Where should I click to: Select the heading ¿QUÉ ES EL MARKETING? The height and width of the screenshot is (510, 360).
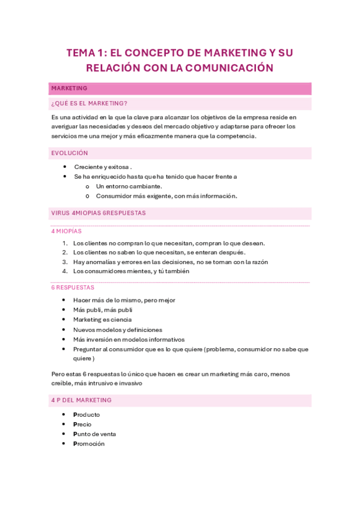coord(89,103)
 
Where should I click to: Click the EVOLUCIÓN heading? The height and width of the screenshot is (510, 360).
coord(70,153)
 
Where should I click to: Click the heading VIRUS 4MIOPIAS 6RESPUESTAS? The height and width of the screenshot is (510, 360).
coord(99,213)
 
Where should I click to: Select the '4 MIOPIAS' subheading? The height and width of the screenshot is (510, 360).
coord(66,231)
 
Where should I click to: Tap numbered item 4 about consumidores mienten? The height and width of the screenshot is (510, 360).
coord(131,271)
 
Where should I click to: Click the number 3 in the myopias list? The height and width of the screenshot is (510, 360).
coord(64,262)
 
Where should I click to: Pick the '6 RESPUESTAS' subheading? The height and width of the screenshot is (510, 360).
coord(73,287)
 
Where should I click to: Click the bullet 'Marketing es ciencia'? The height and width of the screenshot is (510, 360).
coord(102,320)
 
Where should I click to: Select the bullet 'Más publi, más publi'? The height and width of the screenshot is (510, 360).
coord(102,310)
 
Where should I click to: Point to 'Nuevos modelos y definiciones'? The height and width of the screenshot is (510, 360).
coord(117,330)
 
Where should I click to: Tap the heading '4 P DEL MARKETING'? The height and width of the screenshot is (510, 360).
coord(81,400)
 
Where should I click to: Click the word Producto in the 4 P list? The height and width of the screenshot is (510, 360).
coord(87,414)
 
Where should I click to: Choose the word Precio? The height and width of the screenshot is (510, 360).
coord(82,424)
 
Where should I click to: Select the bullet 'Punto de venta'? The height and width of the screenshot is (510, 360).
coord(94,434)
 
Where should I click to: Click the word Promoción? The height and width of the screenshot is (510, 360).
coord(89,443)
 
